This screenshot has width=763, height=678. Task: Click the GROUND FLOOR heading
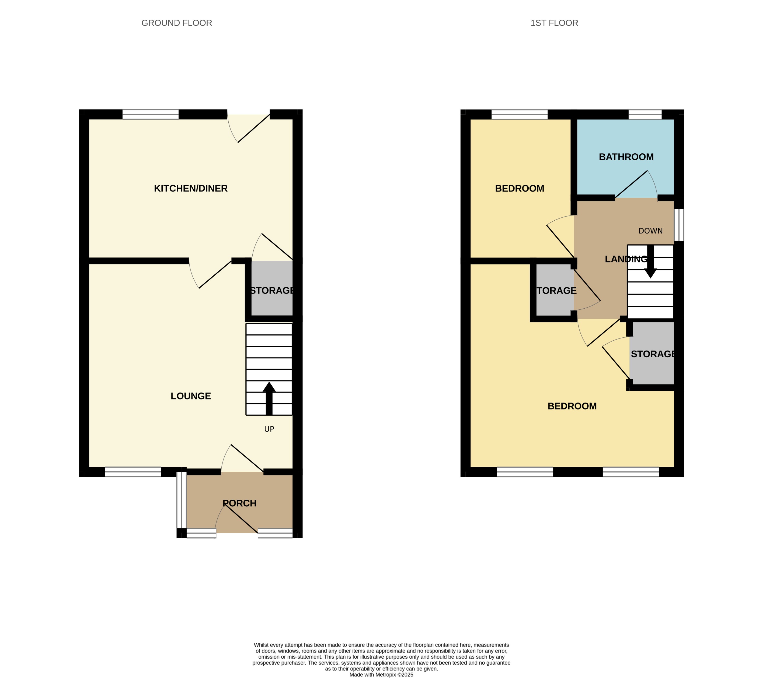(x=177, y=23)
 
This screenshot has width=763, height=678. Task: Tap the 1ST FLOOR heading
(x=554, y=23)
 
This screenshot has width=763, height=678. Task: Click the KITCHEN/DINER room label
(x=191, y=188)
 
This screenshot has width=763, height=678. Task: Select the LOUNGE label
(x=191, y=396)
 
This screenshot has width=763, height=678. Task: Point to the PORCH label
(x=240, y=503)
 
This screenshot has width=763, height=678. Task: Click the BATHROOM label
(x=626, y=157)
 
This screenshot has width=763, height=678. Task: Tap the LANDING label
(x=626, y=259)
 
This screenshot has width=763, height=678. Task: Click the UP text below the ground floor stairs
(x=269, y=429)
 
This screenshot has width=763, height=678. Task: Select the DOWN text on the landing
(x=650, y=231)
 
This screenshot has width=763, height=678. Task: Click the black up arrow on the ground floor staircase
(x=269, y=398)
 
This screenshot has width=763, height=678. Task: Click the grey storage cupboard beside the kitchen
(x=272, y=289)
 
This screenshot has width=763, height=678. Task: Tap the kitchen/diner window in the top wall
(x=151, y=115)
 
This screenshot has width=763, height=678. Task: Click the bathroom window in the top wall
(x=645, y=115)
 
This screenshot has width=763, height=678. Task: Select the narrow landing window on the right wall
(x=679, y=225)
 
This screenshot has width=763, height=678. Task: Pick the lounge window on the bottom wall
(x=133, y=472)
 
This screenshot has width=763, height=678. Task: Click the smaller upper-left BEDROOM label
(x=519, y=189)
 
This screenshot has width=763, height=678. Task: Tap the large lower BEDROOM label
(x=572, y=406)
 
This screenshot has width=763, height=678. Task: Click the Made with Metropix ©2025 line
(x=381, y=675)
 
